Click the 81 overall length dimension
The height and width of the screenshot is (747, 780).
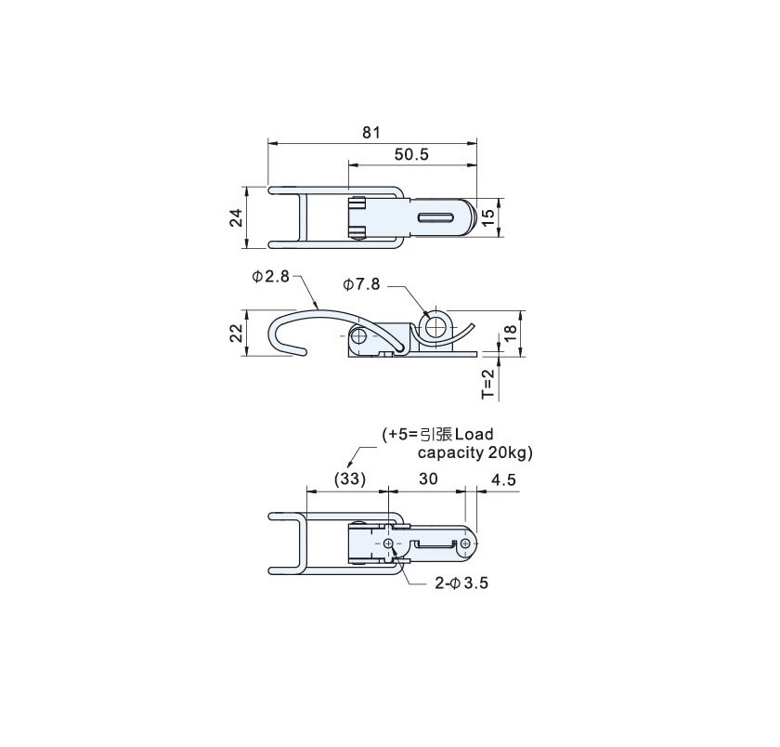(x=371, y=132)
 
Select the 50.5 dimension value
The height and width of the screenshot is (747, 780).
(x=411, y=154)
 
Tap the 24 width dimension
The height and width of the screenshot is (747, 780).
(x=238, y=217)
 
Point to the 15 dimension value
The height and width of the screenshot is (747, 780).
(x=489, y=217)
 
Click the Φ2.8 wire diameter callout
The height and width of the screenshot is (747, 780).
(x=270, y=276)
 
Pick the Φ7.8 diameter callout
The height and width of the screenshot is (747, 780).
(x=361, y=284)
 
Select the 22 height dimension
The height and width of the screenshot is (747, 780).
(x=238, y=333)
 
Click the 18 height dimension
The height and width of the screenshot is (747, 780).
(x=511, y=333)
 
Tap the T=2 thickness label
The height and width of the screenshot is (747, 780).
(x=489, y=383)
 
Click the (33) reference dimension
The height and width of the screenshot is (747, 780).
(x=350, y=479)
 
